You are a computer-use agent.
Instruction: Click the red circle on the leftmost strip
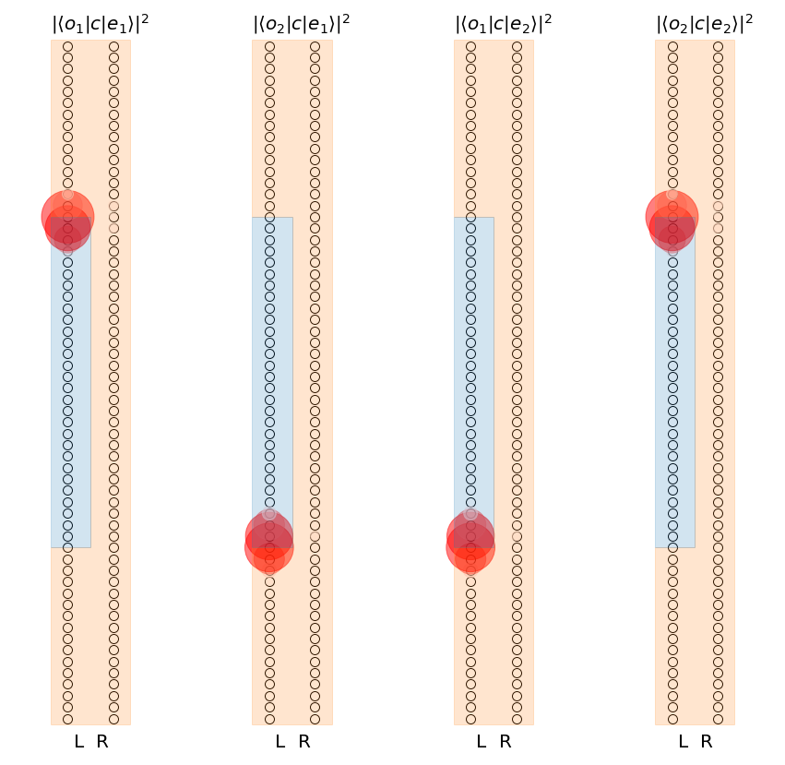pyautogui.click(x=67, y=218)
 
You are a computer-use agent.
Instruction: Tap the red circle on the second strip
pyautogui.click(x=269, y=544)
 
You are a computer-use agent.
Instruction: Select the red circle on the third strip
pyautogui.click(x=470, y=544)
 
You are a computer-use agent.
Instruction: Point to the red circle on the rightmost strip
pyautogui.click(x=672, y=218)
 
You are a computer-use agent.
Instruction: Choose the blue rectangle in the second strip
pyautogui.click(x=272, y=369)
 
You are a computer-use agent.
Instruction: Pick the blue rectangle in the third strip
pyautogui.click(x=474, y=369)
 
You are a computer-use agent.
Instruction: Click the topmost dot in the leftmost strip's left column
pyautogui.click(x=67, y=46)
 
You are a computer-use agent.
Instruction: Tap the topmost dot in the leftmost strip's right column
pyautogui.click(x=113, y=46)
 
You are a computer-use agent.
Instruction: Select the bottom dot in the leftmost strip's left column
pyautogui.click(x=67, y=719)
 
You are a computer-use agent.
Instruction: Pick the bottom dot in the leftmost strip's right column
pyautogui.click(x=113, y=719)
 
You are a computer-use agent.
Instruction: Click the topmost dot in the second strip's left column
pyautogui.click(x=269, y=46)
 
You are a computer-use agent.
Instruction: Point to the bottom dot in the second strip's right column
pyautogui.click(x=315, y=719)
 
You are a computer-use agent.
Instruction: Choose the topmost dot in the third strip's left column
pyautogui.click(x=470, y=46)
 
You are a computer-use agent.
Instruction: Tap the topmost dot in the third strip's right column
pyautogui.click(x=517, y=46)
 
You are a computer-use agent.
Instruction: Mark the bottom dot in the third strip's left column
pyautogui.click(x=470, y=719)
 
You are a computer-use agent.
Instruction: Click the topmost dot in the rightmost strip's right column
pyautogui.click(x=718, y=46)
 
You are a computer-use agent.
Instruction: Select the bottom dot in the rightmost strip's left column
pyautogui.click(x=672, y=719)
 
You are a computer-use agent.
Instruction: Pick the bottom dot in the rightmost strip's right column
pyautogui.click(x=718, y=719)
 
